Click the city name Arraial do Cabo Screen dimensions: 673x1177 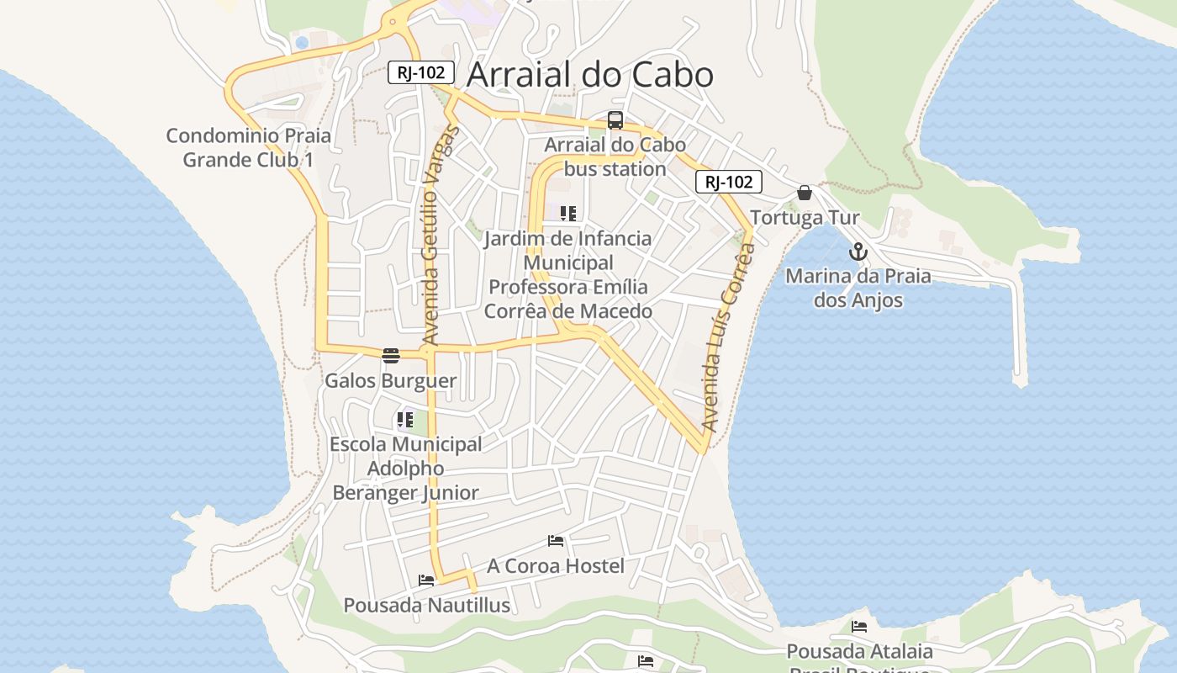[589, 75]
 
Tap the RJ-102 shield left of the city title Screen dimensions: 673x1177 [421, 72]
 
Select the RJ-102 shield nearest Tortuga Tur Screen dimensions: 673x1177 [728, 182]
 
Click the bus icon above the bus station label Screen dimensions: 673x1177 [615, 120]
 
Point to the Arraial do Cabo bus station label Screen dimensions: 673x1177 [615, 156]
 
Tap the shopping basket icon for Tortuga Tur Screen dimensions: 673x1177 [805, 193]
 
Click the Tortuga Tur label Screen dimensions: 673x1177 [805, 218]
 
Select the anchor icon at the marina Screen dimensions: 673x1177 [858, 252]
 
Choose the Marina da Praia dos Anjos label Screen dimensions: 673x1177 [858, 288]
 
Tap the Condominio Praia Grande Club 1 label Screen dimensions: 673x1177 [248, 147]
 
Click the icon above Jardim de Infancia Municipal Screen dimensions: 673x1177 [568, 214]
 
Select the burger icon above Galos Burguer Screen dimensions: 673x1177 [390, 356]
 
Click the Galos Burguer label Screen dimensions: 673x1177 [390, 380]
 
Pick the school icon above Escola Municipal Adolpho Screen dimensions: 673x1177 [405, 419]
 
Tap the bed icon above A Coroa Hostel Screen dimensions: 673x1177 [555, 541]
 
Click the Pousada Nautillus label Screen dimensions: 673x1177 [426, 605]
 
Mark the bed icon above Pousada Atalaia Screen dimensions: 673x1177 [858, 627]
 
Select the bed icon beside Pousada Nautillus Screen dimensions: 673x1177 [426, 580]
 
